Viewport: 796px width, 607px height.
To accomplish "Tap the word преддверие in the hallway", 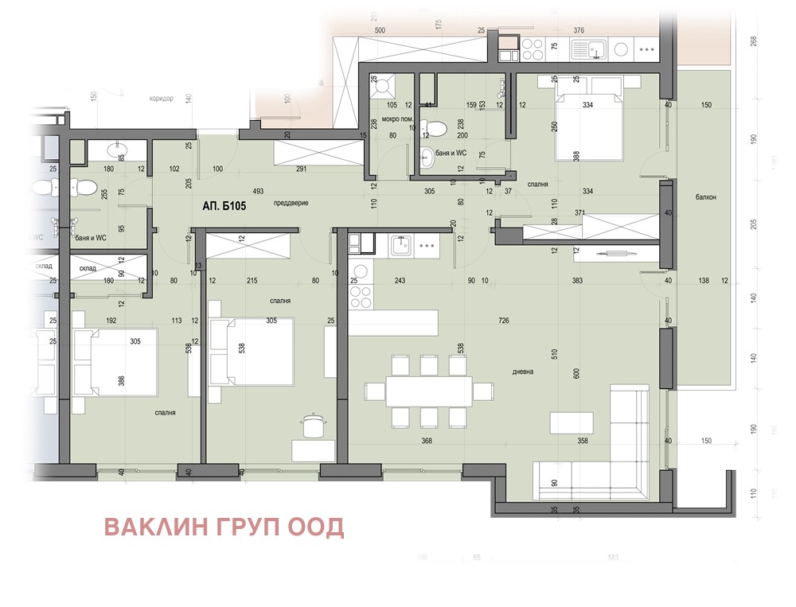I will pyautogui.click(x=291, y=203).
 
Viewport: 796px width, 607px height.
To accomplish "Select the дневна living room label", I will pyautogui.click(x=523, y=371).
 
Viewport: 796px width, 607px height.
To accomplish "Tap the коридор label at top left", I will pyautogui.click(x=161, y=99).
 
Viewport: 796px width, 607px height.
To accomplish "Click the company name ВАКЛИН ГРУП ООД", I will pyautogui.click(x=224, y=527).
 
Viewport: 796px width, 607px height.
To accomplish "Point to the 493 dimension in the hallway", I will pyautogui.click(x=258, y=192).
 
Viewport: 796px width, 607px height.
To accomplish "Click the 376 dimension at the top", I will pyautogui.click(x=579, y=30).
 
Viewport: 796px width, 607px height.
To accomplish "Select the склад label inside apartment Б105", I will pyautogui.click(x=87, y=269).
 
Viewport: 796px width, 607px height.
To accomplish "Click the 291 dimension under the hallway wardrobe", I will pyautogui.click(x=301, y=169).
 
